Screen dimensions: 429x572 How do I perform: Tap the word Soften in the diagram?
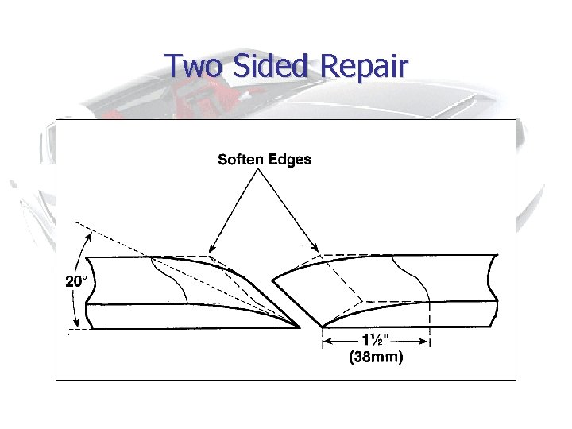coord(241,160)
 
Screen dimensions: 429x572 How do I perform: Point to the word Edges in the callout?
coord(291,160)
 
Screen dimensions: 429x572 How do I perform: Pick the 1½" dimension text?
coord(376,340)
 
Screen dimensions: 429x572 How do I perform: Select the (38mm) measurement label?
coord(376,357)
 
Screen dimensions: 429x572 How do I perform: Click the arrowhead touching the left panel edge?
coord(212,250)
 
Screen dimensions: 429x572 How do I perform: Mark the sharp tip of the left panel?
coord(299,326)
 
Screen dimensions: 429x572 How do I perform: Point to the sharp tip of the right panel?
coord(322,326)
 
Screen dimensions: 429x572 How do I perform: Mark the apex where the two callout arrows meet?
coord(265,172)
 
